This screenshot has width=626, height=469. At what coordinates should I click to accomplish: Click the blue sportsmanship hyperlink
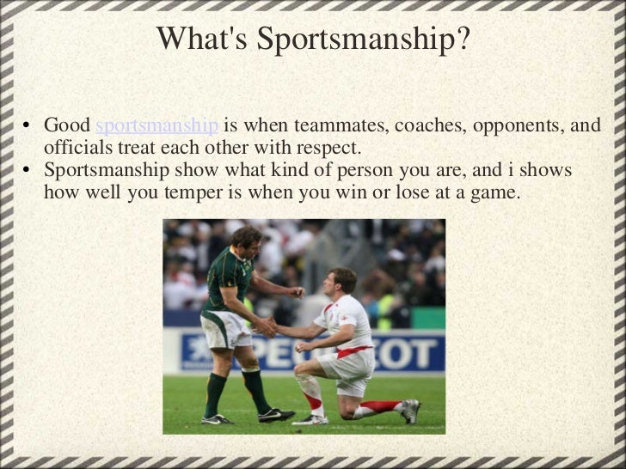(x=156, y=125)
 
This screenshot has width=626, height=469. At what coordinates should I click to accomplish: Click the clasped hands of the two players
(x=267, y=327)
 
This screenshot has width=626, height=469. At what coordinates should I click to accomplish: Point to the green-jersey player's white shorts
(x=225, y=330)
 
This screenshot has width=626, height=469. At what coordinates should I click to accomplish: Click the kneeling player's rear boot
(x=410, y=410)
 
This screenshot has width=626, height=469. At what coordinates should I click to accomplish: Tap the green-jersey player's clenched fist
(x=297, y=292)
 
